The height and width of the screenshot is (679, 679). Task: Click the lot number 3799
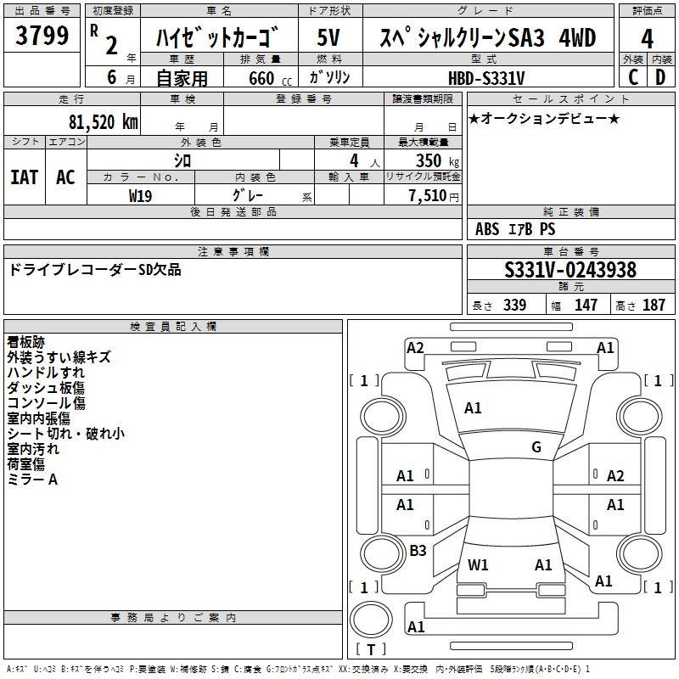42,36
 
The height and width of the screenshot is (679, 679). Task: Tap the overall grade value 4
647,39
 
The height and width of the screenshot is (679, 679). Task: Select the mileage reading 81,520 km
103,122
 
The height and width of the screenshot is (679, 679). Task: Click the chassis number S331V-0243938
570,270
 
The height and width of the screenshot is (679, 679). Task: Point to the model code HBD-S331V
486,78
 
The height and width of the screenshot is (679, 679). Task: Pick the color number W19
140,196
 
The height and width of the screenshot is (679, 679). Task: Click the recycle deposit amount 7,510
428,196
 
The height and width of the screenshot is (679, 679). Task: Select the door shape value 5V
328,37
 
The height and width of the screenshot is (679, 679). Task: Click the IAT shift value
25,177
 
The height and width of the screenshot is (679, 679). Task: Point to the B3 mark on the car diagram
418,550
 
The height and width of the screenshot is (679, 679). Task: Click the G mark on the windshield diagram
536,447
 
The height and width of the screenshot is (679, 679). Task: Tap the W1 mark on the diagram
478,564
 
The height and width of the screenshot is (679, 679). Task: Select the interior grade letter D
660,77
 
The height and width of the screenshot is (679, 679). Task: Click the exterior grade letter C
633,77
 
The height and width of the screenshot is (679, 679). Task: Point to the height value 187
654,305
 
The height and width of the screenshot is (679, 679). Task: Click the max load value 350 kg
437,160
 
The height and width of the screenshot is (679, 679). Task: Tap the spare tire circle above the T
371,620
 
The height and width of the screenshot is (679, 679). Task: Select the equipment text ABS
487,229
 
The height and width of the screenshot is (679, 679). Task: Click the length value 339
514,305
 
